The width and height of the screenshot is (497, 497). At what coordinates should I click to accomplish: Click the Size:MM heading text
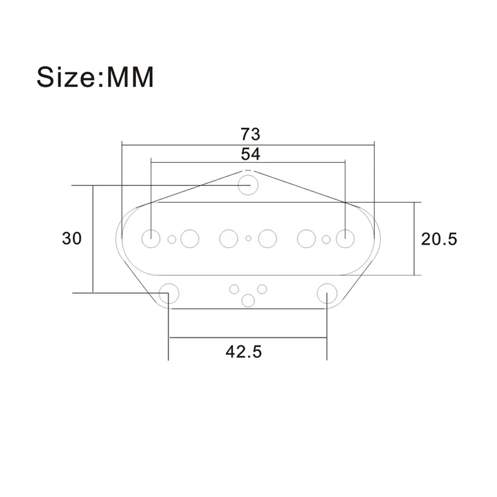click(x=95, y=79)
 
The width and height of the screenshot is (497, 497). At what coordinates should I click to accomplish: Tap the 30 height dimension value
click(x=72, y=239)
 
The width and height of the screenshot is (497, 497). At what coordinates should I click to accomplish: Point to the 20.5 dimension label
click(x=439, y=239)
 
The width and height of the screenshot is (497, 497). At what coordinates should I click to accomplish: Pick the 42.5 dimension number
click(x=244, y=352)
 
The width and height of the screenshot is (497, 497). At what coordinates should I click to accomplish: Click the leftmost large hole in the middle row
click(x=151, y=239)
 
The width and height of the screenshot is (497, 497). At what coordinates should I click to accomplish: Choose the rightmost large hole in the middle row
click(x=345, y=239)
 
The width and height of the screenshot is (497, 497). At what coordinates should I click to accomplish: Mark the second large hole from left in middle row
click(x=189, y=239)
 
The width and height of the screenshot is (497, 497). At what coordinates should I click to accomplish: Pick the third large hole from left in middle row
click(x=229, y=239)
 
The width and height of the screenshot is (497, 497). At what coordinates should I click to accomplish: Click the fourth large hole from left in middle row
click(x=268, y=239)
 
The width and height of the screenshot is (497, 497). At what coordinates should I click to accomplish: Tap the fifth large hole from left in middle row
click(x=307, y=239)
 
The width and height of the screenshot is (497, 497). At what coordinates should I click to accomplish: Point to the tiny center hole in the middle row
click(x=248, y=239)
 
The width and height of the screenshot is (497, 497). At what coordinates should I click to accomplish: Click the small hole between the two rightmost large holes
click(x=326, y=239)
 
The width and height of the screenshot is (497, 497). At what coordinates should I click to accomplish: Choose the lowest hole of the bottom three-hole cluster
click(x=248, y=301)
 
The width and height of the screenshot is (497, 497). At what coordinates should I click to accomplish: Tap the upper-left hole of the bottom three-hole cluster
click(x=234, y=288)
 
